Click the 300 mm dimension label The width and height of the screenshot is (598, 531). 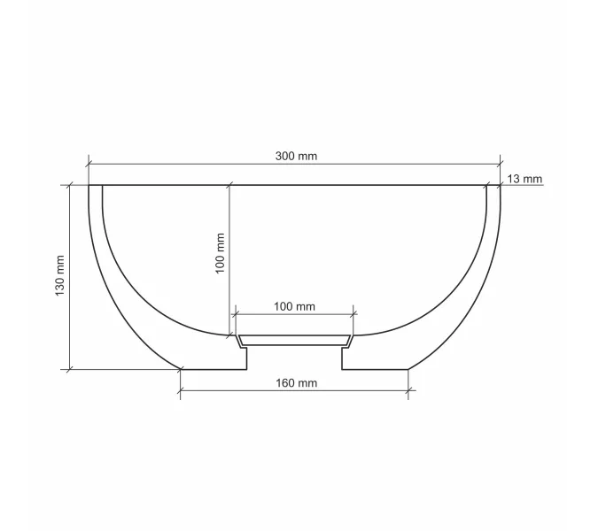pyautogui.click(x=296, y=156)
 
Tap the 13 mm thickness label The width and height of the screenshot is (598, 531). pyautogui.click(x=524, y=179)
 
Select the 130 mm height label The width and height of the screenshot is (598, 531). pyautogui.click(x=60, y=276)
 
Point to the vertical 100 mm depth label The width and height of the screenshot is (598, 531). pyautogui.click(x=220, y=253)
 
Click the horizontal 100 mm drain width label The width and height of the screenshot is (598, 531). pyautogui.click(x=294, y=306)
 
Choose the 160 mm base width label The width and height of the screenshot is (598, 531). pyautogui.click(x=296, y=383)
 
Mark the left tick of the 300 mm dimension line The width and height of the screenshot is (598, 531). pyautogui.click(x=89, y=165)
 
